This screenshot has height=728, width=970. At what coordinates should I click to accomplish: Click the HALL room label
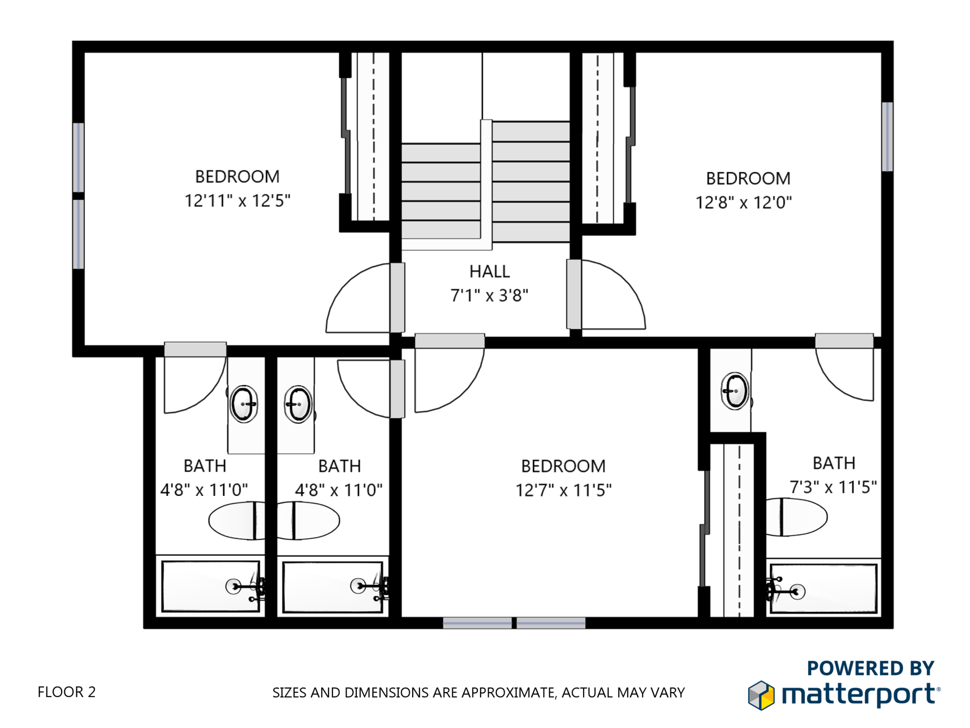tap(489, 271)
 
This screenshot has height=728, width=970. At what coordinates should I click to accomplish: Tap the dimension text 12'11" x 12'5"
tap(237, 201)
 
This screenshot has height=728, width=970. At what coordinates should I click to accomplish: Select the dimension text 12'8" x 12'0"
tap(743, 203)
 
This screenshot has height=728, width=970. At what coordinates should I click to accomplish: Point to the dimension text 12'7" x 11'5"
tap(563, 490)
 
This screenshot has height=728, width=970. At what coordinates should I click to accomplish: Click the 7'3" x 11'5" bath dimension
tap(833, 487)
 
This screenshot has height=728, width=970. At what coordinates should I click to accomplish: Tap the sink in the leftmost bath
tap(244, 404)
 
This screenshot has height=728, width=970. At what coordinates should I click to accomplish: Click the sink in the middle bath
tap(298, 404)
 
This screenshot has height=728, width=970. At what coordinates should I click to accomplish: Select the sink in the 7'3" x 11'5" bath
tap(735, 391)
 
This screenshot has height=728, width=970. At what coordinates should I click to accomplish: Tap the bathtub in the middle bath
tap(332, 587)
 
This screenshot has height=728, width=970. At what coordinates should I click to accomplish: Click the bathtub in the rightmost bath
tap(823, 588)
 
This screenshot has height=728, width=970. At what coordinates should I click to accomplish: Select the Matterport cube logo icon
tap(761, 695)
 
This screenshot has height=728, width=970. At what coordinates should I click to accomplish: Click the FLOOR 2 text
tap(66, 692)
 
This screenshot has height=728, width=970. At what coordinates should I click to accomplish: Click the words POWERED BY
tap(870, 668)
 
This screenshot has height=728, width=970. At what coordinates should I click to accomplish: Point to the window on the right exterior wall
tap(887, 136)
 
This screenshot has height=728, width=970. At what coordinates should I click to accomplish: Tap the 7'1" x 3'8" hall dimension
tap(489, 295)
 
